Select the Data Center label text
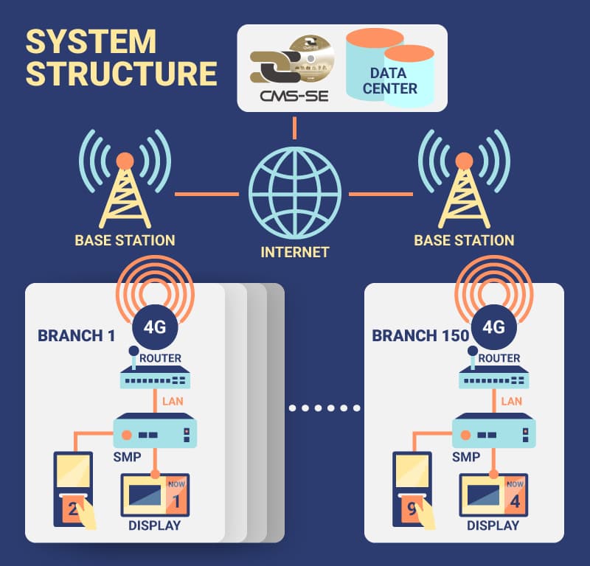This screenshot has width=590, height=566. pos(393,81)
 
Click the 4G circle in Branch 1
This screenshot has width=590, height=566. pos(154,326)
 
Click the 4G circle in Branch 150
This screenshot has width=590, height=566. pos(493,326)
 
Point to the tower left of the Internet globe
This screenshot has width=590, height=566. pos(125,193)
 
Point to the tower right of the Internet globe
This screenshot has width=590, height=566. pos(464,193)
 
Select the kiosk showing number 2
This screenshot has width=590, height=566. pos(73,490)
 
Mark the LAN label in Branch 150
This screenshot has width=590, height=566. pos(511,402)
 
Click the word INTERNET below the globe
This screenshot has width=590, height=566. pos(294,252)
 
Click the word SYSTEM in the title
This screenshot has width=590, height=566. pos(91,42)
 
